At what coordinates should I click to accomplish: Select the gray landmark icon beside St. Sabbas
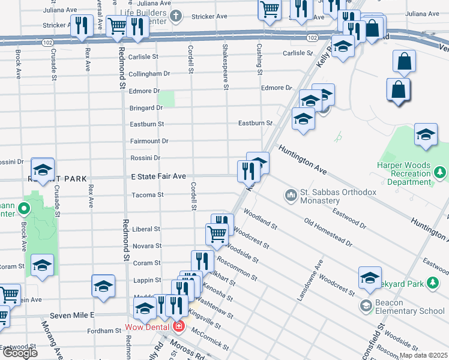tap(291, 196)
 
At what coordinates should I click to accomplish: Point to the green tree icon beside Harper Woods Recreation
tap(441, 173)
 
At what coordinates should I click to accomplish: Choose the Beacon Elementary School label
tap(411, 306)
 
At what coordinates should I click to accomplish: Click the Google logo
tap(20, 353)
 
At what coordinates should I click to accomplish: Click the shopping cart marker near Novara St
tap(215, 234)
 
